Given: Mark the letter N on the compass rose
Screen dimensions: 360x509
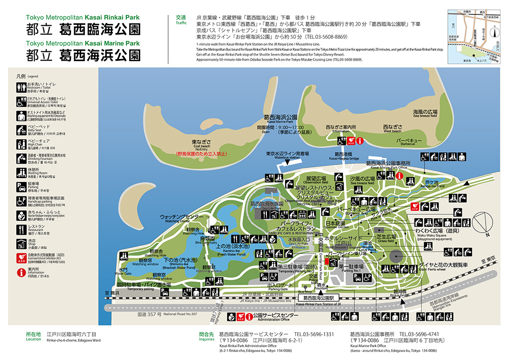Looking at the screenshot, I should (x=488, y=234).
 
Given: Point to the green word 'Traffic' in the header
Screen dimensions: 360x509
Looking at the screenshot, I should (x=180, y=23).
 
